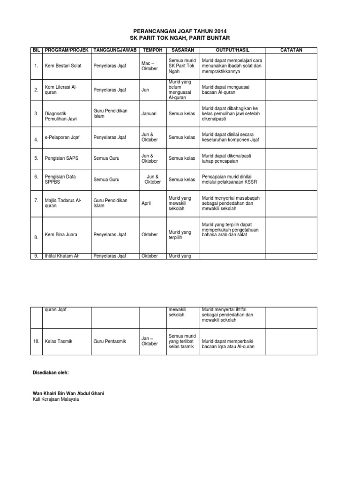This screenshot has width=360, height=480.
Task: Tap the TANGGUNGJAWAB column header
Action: coord(115,50)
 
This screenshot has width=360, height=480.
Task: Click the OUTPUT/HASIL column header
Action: coord(232,50)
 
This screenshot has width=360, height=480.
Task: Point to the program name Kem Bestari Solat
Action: coord(63,66)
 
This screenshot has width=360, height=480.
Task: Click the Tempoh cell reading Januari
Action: coord(149,113)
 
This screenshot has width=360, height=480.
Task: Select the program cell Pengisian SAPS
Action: coord(61,158)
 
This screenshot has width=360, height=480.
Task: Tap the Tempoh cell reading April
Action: coord(146,203)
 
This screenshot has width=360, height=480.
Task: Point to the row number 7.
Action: coord(36,201)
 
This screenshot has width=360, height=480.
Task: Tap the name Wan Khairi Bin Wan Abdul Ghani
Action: coord(68,393)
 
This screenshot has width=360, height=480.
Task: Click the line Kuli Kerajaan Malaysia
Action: coord(56,399)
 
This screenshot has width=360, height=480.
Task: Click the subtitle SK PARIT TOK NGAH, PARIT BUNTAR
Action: coord(180,37)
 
